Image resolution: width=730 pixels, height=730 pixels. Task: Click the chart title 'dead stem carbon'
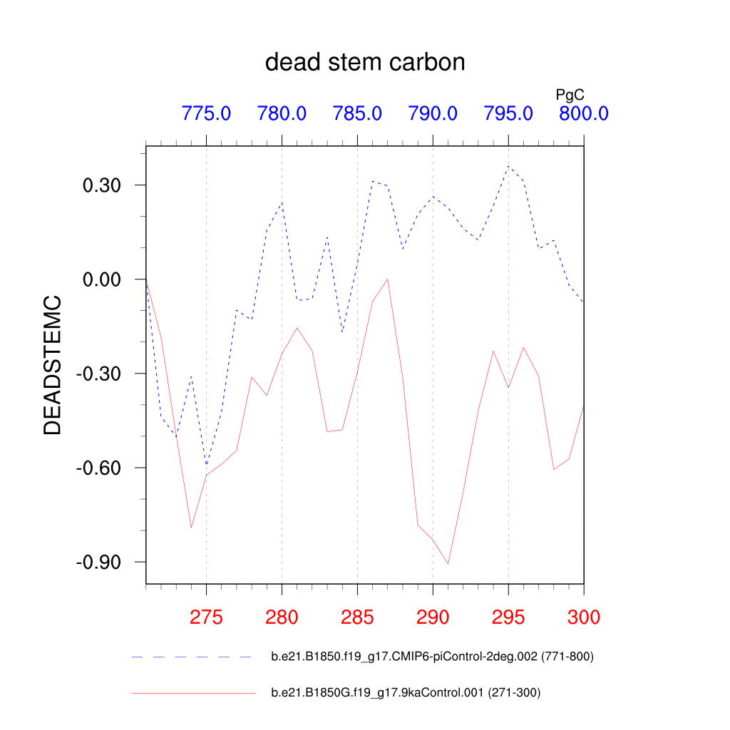(365, 63)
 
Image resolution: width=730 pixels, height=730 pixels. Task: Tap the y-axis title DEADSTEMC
(53, 366)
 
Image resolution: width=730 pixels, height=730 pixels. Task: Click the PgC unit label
(570, 94)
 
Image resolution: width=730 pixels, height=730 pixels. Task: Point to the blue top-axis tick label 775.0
(206, 113)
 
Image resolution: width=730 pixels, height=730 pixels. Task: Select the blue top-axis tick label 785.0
(357, 113)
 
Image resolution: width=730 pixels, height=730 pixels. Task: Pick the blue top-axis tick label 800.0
(583, 113)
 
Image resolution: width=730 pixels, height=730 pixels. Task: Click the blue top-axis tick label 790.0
(433, 113)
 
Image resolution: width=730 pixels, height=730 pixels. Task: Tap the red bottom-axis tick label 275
(206, 617)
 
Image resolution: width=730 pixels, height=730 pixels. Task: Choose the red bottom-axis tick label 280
(282, 617)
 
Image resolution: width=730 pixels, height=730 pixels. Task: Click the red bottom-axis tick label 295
(508, 617)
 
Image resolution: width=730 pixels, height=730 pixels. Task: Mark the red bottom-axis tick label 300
(583, 617)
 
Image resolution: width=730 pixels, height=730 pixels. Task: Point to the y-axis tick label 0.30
(103, 185)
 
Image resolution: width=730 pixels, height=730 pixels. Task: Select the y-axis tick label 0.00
(103, 279)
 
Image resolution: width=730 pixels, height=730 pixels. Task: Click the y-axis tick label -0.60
(100, 468)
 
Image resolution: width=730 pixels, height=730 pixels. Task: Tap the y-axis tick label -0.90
(100, 562)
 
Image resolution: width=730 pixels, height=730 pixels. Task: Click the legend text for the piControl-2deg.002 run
(432, 657)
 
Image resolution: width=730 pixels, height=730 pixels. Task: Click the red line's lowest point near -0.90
(448, 564)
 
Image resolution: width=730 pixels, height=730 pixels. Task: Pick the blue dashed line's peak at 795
(508, 166)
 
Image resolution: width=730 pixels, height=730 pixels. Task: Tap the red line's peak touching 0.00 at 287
(387, 279)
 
